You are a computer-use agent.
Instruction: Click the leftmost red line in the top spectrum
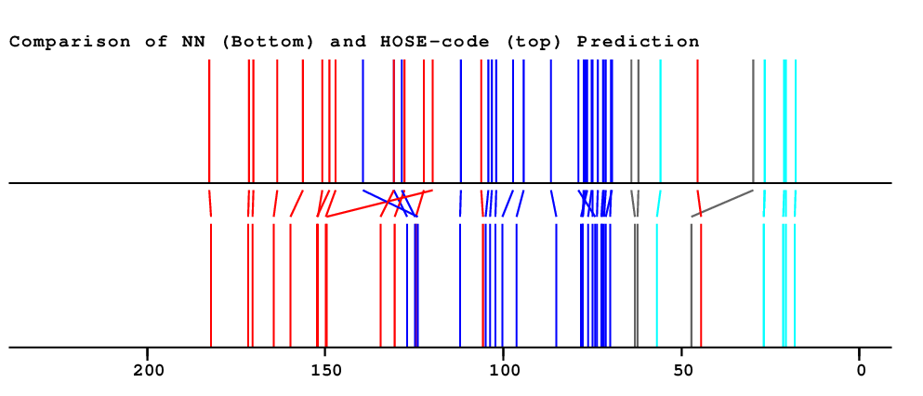pos(209,121)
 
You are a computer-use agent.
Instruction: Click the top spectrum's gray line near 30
pos(753,121)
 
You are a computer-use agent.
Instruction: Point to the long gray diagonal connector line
pos(722,204)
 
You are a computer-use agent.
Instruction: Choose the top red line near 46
pos(697,121)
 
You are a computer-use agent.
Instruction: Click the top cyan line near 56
pos(660,121)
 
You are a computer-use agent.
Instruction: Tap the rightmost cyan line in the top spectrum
pos(796,121)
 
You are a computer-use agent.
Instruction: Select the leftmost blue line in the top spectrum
pos(363,121)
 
